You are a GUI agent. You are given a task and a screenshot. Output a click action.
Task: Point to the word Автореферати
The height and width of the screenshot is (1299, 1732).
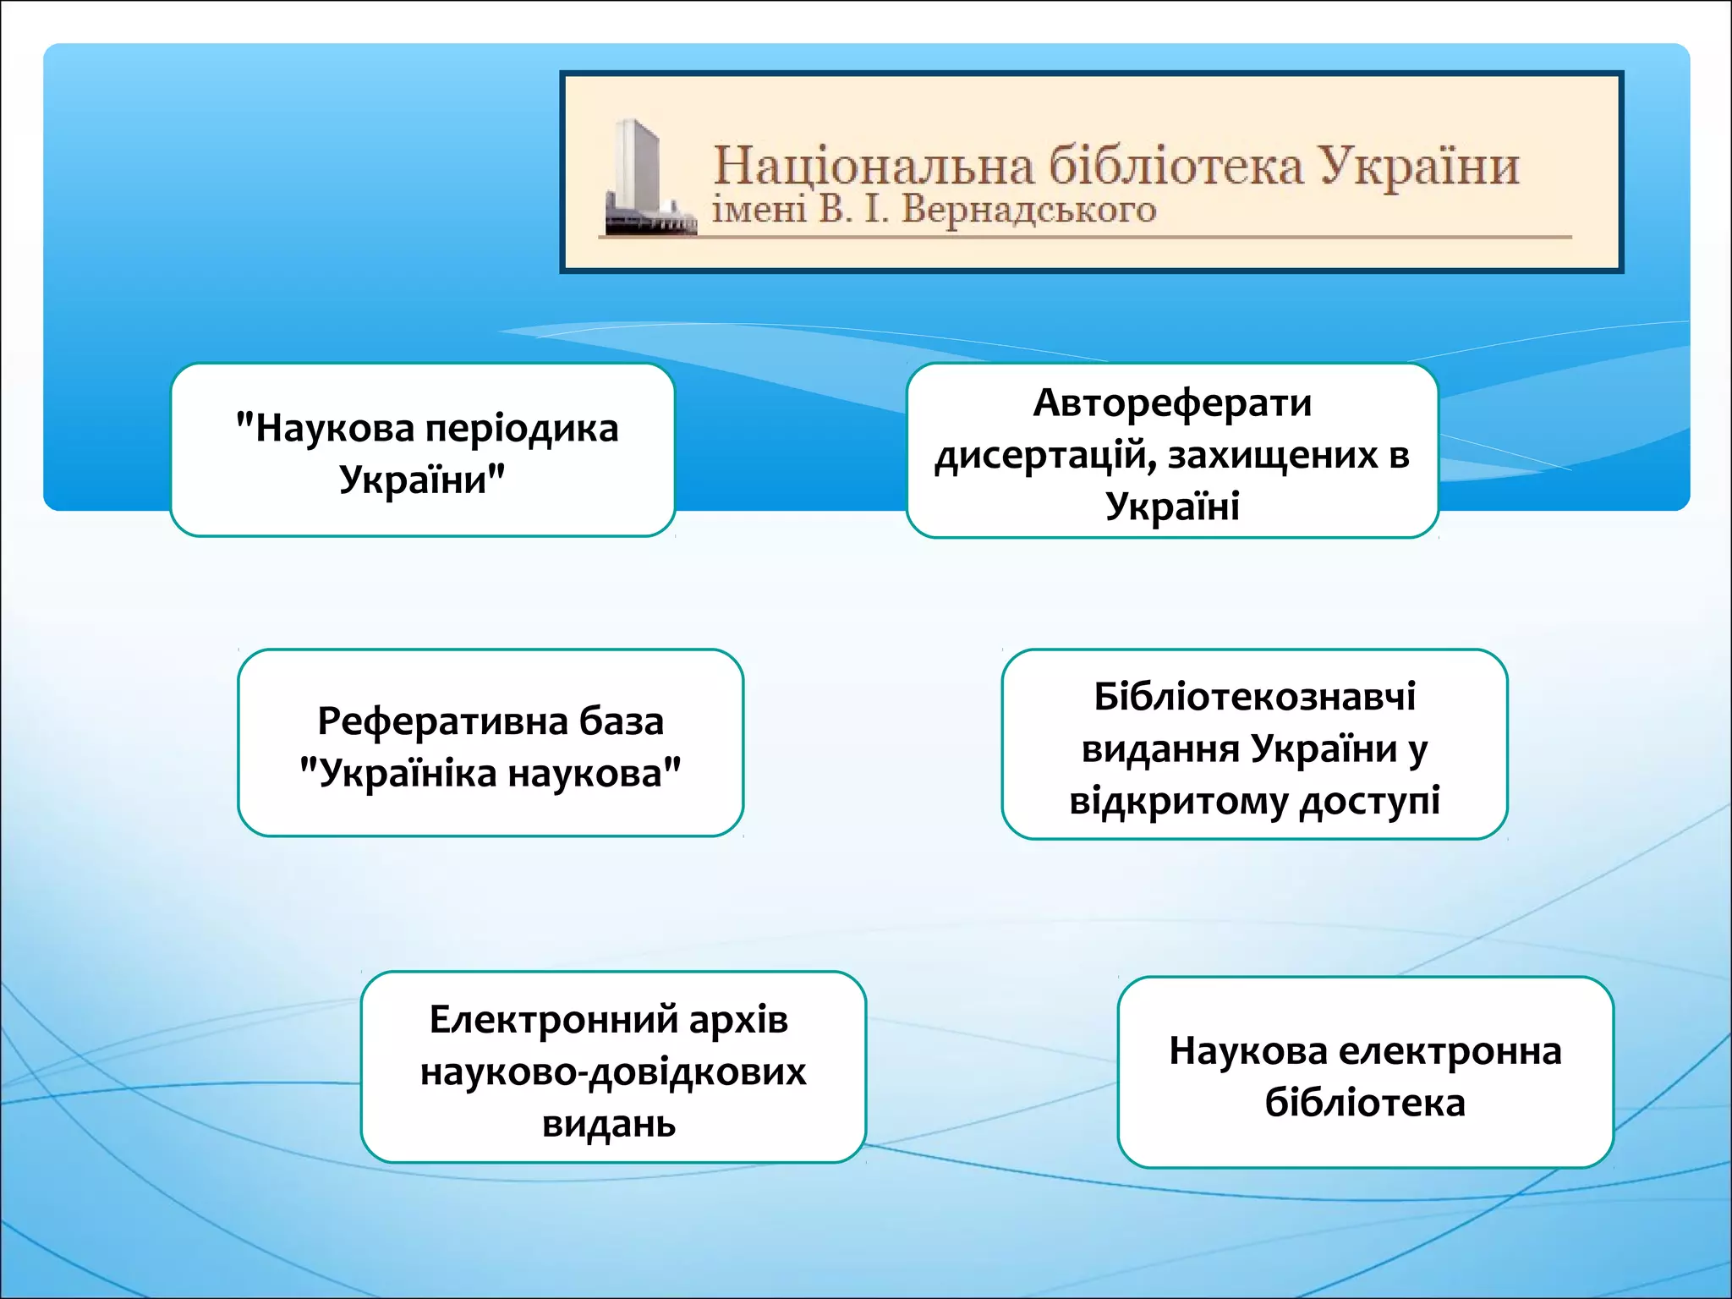[x=1172, y=403]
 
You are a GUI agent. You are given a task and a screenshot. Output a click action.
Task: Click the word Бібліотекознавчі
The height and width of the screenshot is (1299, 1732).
[x=1254, y=697]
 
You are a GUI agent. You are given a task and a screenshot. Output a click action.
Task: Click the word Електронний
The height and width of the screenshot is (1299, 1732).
[x=553, y=1020]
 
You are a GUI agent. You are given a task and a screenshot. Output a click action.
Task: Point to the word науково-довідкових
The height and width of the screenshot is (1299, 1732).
[x=613, y=1072]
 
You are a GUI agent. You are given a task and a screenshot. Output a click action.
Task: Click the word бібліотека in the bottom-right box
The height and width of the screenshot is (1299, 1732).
[x=1365, y=1104]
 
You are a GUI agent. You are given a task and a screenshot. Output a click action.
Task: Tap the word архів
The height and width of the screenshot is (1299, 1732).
[x=738, y=1020]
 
